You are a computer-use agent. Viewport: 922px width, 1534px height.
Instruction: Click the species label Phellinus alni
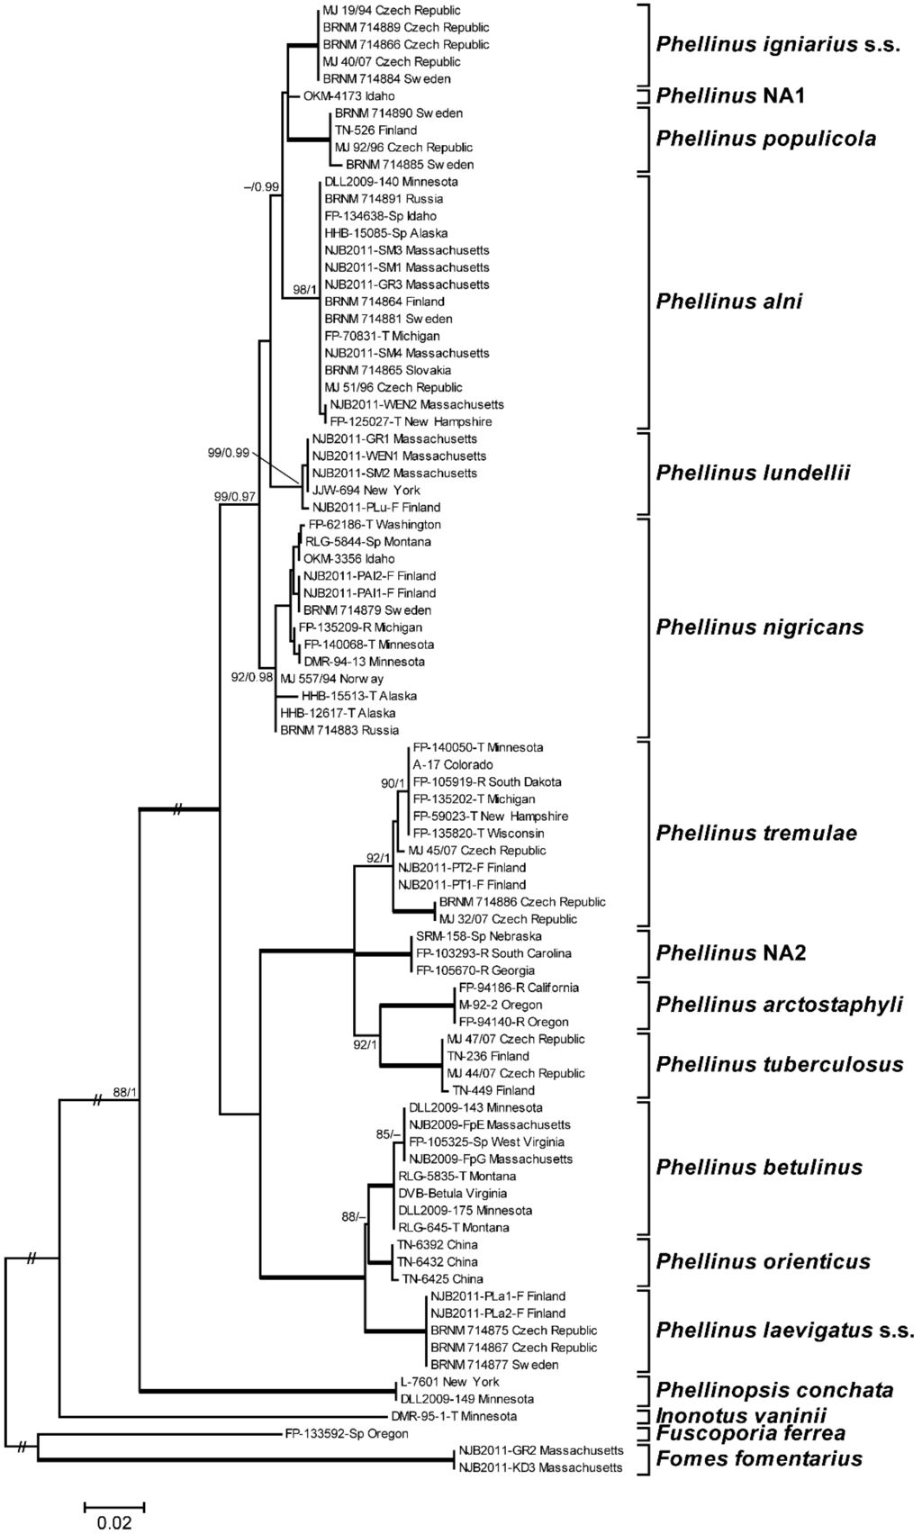pyautogui.click(x=729, y=302)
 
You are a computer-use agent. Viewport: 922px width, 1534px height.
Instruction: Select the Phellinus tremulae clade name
pyautogui.click(x=756, y=833)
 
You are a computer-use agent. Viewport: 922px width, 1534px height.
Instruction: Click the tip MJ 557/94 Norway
pyautogui.click(x=331, y=679)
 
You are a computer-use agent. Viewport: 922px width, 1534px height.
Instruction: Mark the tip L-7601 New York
pyautogui.click(x=448, y=1382)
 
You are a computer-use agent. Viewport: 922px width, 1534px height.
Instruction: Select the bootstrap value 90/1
pyautogui.click(x=393, y=783)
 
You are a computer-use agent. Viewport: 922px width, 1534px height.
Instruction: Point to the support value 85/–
pyautogui.click(x=387, y=1134)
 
